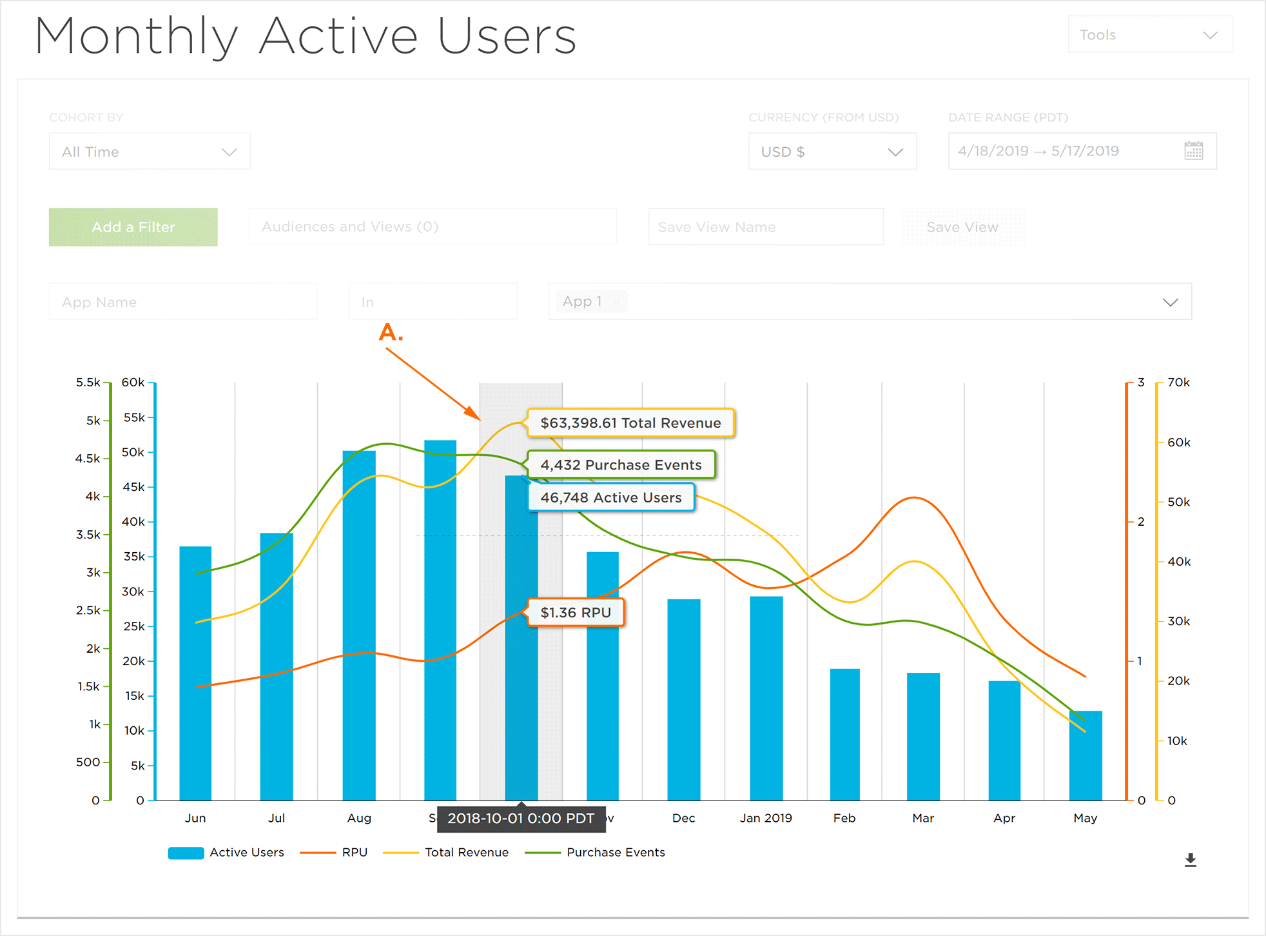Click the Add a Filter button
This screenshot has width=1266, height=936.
coord(133,227)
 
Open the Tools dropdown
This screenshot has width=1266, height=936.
coord(1150,35)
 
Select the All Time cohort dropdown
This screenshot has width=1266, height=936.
coord(150,152)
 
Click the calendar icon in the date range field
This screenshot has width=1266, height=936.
coord(1193,151)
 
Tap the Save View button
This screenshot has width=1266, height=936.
coord(962,227)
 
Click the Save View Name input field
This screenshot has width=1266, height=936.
coord(766,227)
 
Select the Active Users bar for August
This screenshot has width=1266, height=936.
coord(359,626)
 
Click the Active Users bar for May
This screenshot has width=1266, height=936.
coord(1086,755)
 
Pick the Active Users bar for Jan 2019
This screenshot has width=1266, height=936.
coord(766,698)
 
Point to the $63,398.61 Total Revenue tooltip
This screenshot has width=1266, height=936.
coord(630,423)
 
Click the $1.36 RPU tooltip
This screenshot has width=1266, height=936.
coord(576,613)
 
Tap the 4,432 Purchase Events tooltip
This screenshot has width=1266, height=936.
coord(621,465)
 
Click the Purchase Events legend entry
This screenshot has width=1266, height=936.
coord(615,852)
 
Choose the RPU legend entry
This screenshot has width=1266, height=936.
coord(354,852)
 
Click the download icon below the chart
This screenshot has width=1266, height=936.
coord(1190,860)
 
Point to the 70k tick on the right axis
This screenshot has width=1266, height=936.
coord(1178,383)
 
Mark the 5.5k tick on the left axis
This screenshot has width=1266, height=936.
coord(88,383)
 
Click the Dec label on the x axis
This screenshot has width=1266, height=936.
coord(683,818)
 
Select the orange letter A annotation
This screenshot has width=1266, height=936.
coord(391,333)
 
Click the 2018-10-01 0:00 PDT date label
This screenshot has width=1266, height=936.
coord(521,819)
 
